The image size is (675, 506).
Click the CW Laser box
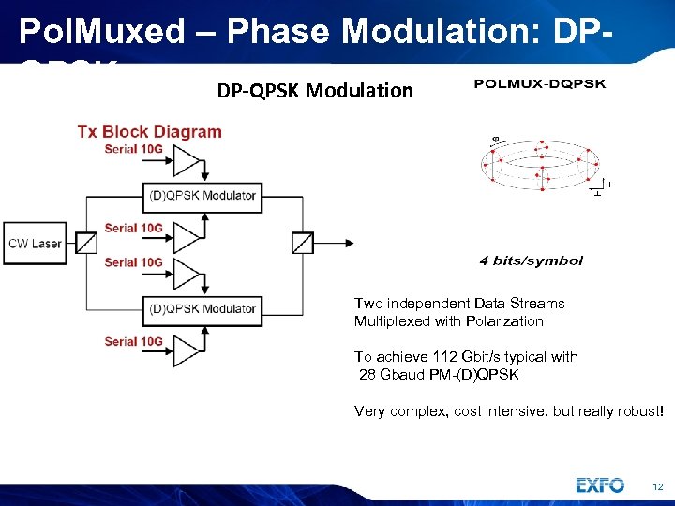[x=35, y=244]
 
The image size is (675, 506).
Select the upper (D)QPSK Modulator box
[x=202, y=196]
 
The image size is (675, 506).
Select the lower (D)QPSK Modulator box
[x=202, y=308]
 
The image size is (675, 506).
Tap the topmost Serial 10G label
[x=133, y=149]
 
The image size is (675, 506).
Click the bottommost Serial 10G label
[x=133, y=342]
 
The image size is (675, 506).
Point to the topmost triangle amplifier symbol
[x=187, y=163]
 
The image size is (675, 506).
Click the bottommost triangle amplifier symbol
[x=187, y=351]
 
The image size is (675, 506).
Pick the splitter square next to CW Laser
[x=85, y=244]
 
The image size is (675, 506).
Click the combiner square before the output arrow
[x=303, y=244]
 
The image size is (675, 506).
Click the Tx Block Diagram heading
[x=149, y=131]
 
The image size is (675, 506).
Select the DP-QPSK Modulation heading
[x=315, y=91]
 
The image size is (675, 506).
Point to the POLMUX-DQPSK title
[x=539, y=84]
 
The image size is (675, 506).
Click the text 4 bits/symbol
[x=531, y=260]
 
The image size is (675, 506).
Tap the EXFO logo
[x=600, y=485]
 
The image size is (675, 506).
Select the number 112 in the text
[x=446, y=357]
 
